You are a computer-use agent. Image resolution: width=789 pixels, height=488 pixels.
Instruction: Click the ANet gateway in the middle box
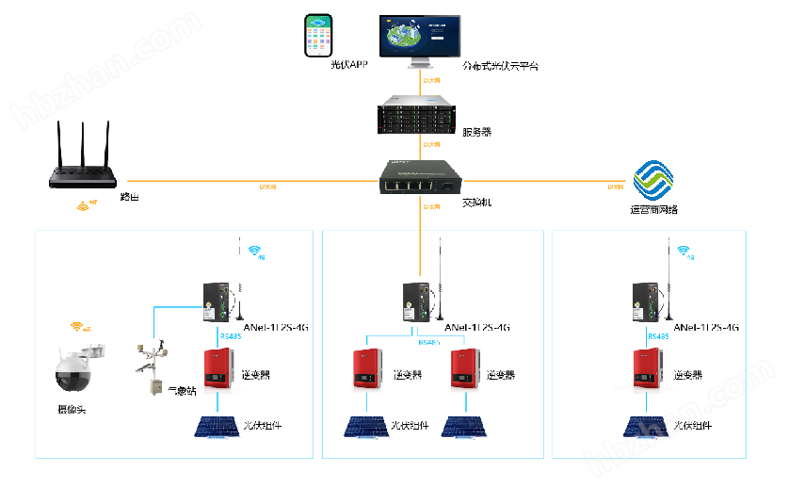point(411,299)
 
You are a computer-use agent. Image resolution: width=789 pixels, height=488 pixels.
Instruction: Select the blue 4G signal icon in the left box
point(254,252)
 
